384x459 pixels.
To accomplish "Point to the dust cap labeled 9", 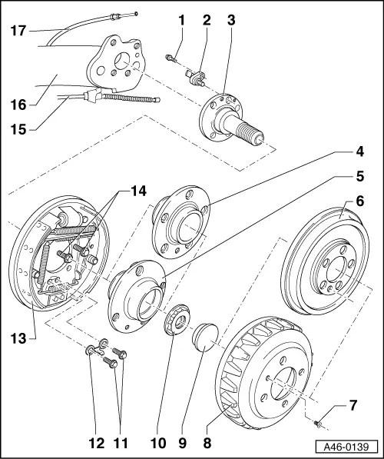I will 204,336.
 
